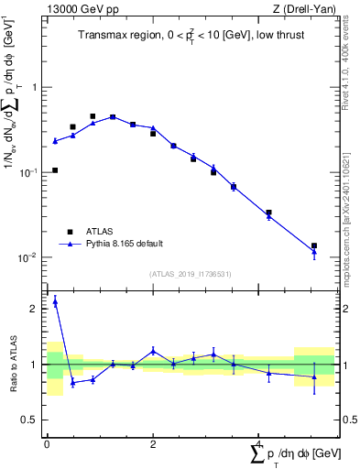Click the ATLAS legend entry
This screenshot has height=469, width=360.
click(x=101, y=232)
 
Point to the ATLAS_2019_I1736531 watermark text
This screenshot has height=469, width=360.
click(x=191, y=274)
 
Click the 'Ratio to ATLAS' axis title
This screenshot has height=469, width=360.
click(x=14, y=365)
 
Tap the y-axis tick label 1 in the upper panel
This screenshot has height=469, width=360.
click(x=34, y=88)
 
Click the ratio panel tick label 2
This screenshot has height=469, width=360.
click(x=34, y=309)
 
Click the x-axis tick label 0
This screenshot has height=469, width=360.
click(x=46, y=442)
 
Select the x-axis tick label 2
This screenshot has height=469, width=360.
click(x=153, y=442)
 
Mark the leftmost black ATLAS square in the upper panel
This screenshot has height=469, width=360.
click(x=55, y=170)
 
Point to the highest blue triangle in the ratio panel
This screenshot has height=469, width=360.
click(x=55, y=300)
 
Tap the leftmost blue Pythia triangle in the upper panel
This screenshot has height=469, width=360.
click(x=55, y=141)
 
